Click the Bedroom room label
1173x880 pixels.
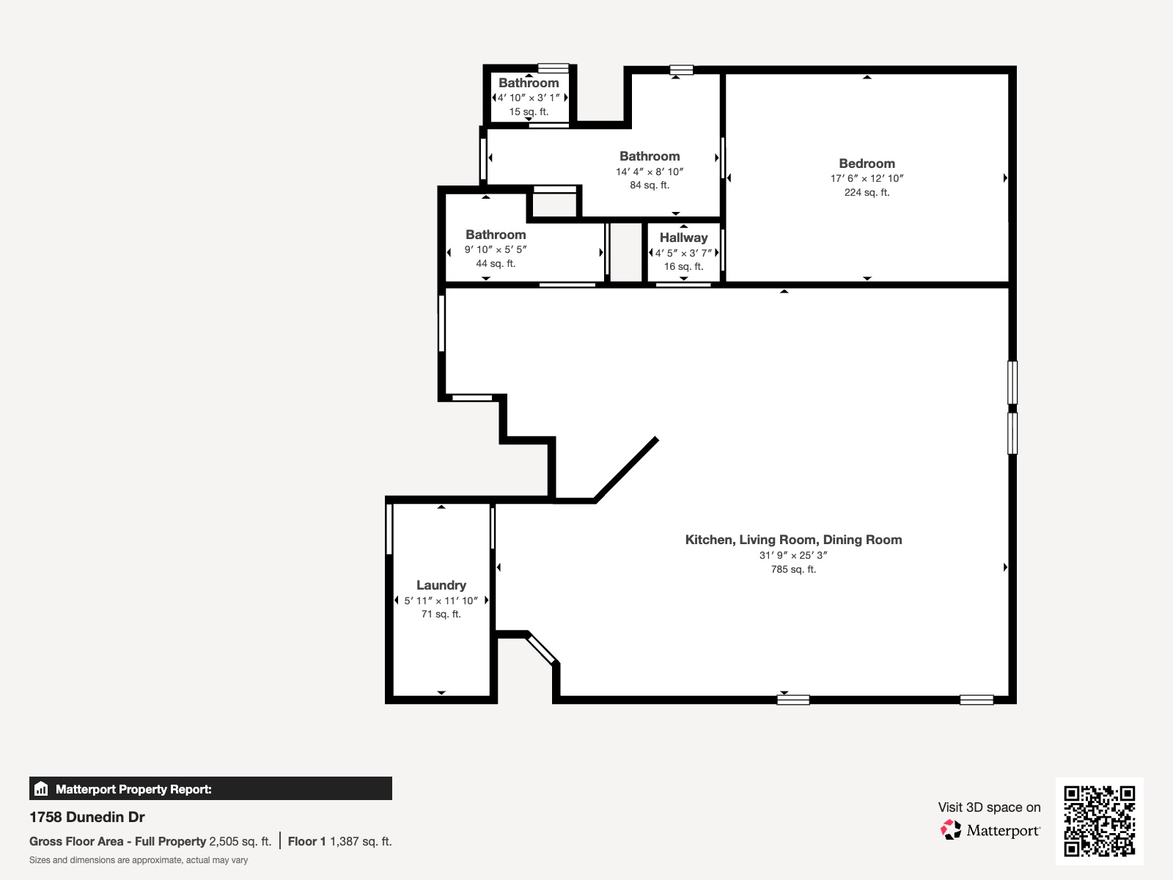(x=867, y=164)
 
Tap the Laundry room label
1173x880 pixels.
(x=441, y=585)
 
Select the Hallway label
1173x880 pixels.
(x=683, y=238)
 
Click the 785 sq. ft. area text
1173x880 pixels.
(x=793, y=569)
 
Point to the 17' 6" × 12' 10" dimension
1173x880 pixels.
(x=867, y=178)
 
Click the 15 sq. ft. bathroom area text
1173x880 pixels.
(x=529, y=111)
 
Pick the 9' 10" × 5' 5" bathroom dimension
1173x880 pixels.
(x=496, y=249)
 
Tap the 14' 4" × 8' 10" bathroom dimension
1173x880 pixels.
(x=650, y=172)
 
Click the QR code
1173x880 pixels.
(x=1099, y=821)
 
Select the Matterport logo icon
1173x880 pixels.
(x=951, y=830)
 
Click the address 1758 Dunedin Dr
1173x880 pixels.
(x=87, y=817)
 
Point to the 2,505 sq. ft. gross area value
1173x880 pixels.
(x=240, y=841)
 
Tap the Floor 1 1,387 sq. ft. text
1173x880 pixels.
(x=339, y=841)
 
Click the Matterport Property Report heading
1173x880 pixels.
(x=133, y=789)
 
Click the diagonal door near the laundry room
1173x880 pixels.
(x=543, y=649)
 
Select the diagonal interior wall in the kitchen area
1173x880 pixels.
(x=625, y=470)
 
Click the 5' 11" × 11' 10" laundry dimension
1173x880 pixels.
(x=441, y=601)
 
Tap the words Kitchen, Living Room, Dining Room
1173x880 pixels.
(x=793, y=540)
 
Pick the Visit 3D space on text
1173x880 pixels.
(x=989, y=807)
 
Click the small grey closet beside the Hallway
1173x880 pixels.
(x=626, y=252)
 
